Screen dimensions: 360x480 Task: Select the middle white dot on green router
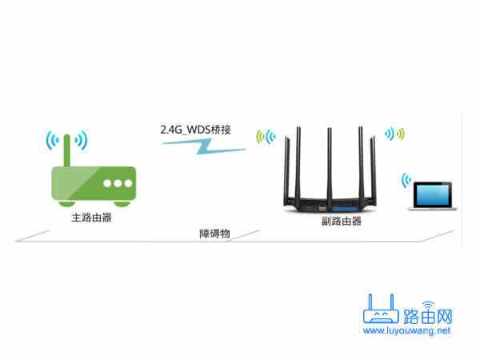tap(118, 182)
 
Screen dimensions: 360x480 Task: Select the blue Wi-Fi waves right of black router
tap(395, 133)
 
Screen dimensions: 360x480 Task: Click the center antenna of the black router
tap(329, 160)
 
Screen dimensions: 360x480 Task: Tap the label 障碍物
tap(214, 234)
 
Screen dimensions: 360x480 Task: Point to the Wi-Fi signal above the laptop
tap(409, 178)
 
